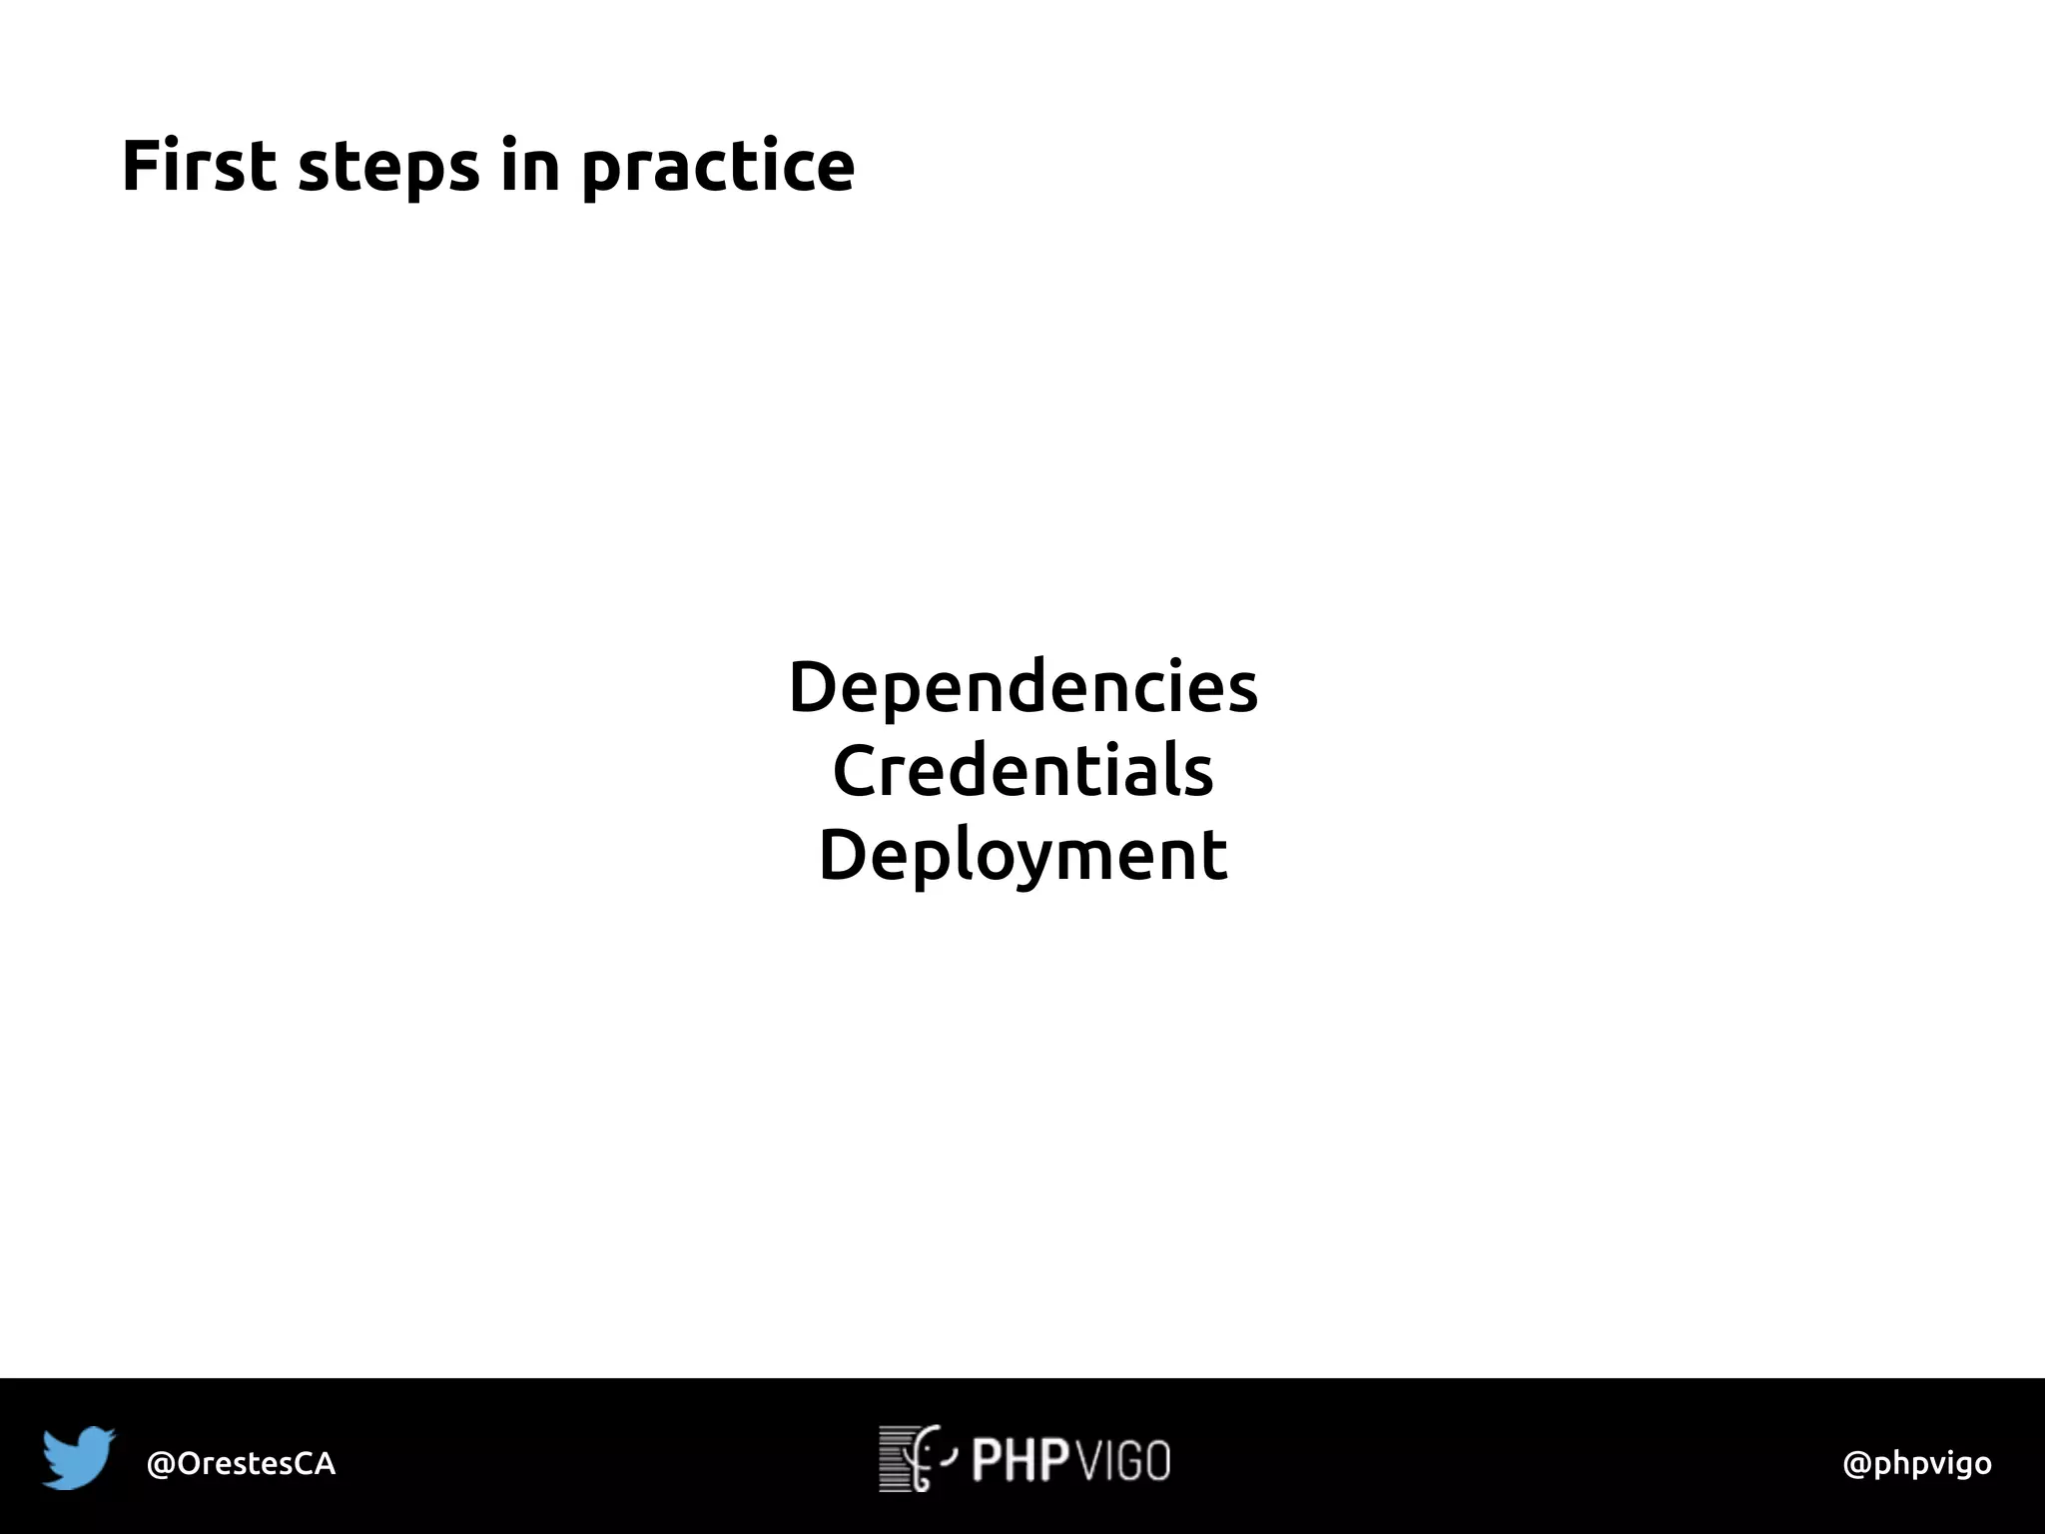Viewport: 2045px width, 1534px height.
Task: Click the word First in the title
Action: point(198,166)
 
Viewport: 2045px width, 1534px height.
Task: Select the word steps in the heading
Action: point(388,168)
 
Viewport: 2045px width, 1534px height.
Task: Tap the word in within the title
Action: point(529,166)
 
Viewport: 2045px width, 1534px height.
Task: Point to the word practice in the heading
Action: point(718,168)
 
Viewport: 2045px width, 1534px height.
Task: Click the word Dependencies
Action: point(1022,688)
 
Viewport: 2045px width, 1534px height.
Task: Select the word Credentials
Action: point(1022,772)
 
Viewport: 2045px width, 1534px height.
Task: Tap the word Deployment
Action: point(1022,856)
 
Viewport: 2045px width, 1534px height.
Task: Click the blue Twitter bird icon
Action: point(78,1458)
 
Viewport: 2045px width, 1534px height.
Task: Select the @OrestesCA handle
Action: point(241,1464)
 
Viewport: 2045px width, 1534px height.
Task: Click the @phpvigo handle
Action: point(1916,1464)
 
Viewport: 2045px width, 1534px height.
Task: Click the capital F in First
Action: point(141,166)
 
